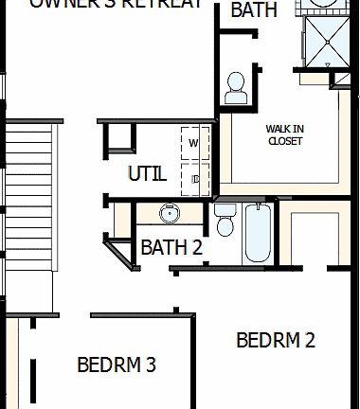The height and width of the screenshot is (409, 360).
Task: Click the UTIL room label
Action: [x=147, y=174]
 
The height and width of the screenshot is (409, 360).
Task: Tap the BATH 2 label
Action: [x=171, y=248]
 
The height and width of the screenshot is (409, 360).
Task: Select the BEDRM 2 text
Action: [x=276, y=339]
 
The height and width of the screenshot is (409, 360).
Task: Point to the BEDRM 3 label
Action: [x=117, y=364]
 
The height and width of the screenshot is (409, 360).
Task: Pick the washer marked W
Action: [x=194, y=143]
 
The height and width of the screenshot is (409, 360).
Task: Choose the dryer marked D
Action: [x=194, y=176]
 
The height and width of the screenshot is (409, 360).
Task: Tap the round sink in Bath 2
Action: [x=170, y=213]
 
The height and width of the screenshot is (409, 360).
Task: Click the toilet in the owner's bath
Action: [x=235, y=87]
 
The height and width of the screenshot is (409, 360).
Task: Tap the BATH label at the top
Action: [x=255, y=10]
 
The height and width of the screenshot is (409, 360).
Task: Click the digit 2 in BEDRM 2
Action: [x=310, y=339]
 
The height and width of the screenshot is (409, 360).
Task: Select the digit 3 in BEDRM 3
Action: [x=150, y=364]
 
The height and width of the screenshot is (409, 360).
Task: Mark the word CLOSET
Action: [x=284, y=141]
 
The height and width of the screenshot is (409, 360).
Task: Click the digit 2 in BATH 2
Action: [x=197, y=248]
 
